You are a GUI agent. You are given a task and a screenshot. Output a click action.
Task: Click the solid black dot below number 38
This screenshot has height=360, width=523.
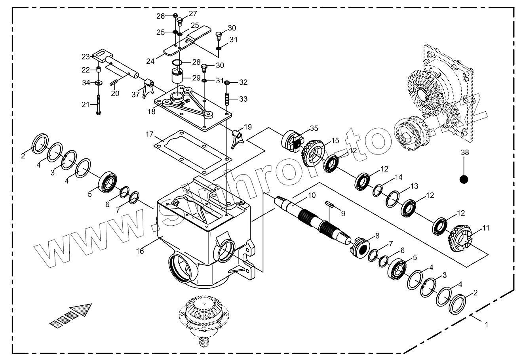[464, 179]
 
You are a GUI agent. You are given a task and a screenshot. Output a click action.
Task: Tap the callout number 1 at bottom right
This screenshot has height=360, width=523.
[485, 324]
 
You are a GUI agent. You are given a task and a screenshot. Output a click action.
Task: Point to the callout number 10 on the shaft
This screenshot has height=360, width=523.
[312, 195]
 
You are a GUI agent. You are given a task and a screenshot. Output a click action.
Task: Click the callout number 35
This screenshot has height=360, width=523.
[314, 128]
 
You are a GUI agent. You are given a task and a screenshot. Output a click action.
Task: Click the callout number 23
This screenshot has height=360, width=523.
[86, 57]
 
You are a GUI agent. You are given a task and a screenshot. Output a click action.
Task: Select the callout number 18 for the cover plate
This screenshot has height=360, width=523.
[152, 112]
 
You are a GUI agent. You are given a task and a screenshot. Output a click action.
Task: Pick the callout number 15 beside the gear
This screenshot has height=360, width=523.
[335, 141]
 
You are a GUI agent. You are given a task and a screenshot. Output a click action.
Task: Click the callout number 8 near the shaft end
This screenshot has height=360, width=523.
[377, 236]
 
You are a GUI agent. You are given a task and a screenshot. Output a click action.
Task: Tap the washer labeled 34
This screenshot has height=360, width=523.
[98, 83]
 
